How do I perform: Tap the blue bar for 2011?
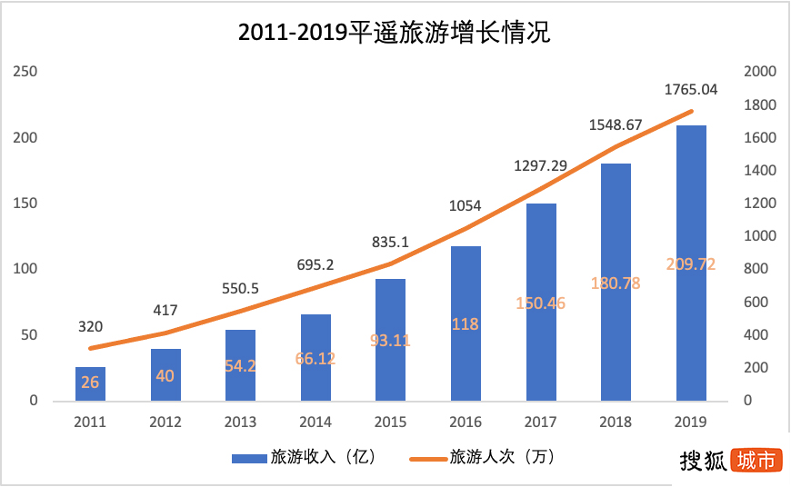coord(91,384)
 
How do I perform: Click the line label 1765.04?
coord(691,89)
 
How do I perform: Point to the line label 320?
coord(91,326)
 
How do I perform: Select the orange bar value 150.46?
coord(541,303)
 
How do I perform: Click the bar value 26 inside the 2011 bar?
coord(91,383)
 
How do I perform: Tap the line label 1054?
coord(466,205)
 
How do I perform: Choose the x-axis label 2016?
coord(466,422)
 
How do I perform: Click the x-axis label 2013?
coord(241,422)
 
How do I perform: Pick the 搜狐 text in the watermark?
coord(704,461)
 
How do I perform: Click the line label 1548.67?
coord(616,124)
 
